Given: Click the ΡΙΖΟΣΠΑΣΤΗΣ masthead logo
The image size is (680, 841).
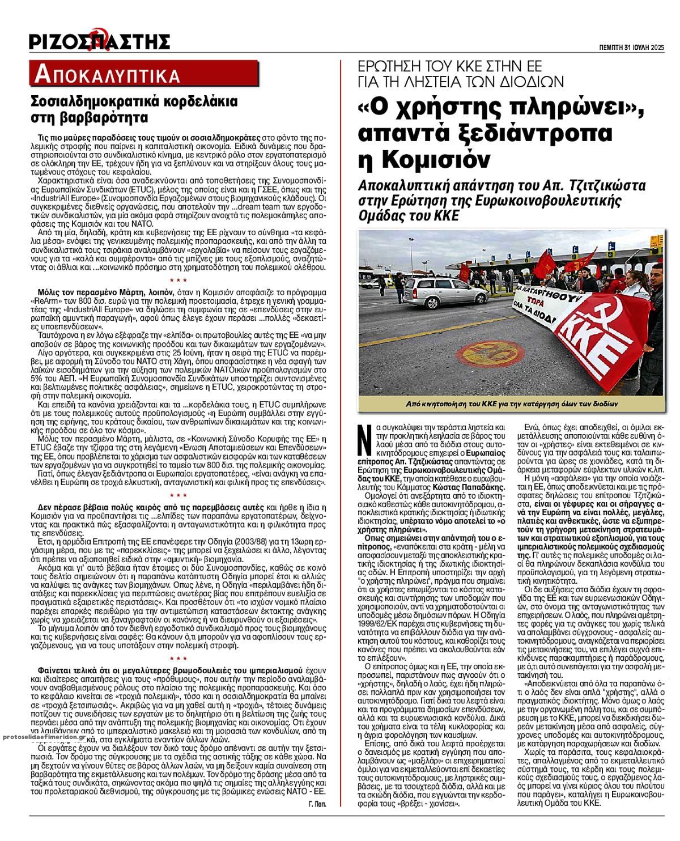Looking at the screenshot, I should (100, 41).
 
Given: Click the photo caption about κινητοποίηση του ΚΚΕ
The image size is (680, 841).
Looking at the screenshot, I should (503, 404).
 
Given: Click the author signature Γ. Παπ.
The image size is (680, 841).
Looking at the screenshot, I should (318, 804).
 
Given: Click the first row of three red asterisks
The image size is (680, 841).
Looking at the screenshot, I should (178, 281).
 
